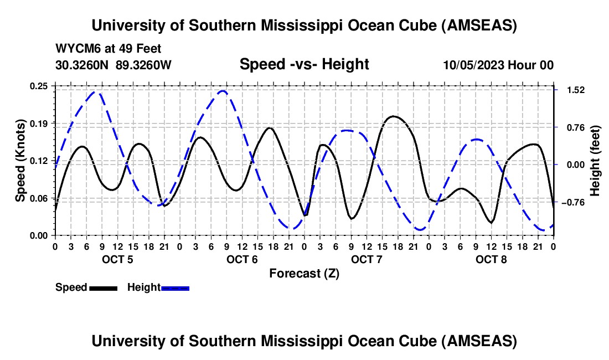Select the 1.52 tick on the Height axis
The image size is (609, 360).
573,90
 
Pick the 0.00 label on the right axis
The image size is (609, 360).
573,164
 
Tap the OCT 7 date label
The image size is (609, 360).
367,260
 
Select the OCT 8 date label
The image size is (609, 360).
491,260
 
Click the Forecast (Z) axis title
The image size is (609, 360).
304,274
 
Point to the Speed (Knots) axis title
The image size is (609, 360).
20,161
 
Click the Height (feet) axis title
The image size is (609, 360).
595,161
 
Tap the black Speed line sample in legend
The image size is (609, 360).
102,287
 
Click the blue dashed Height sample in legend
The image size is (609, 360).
175,287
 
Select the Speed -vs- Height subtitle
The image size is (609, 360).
304,64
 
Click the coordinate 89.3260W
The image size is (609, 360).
144,65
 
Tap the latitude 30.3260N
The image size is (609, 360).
83,65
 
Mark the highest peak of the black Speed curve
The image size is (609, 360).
393,116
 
